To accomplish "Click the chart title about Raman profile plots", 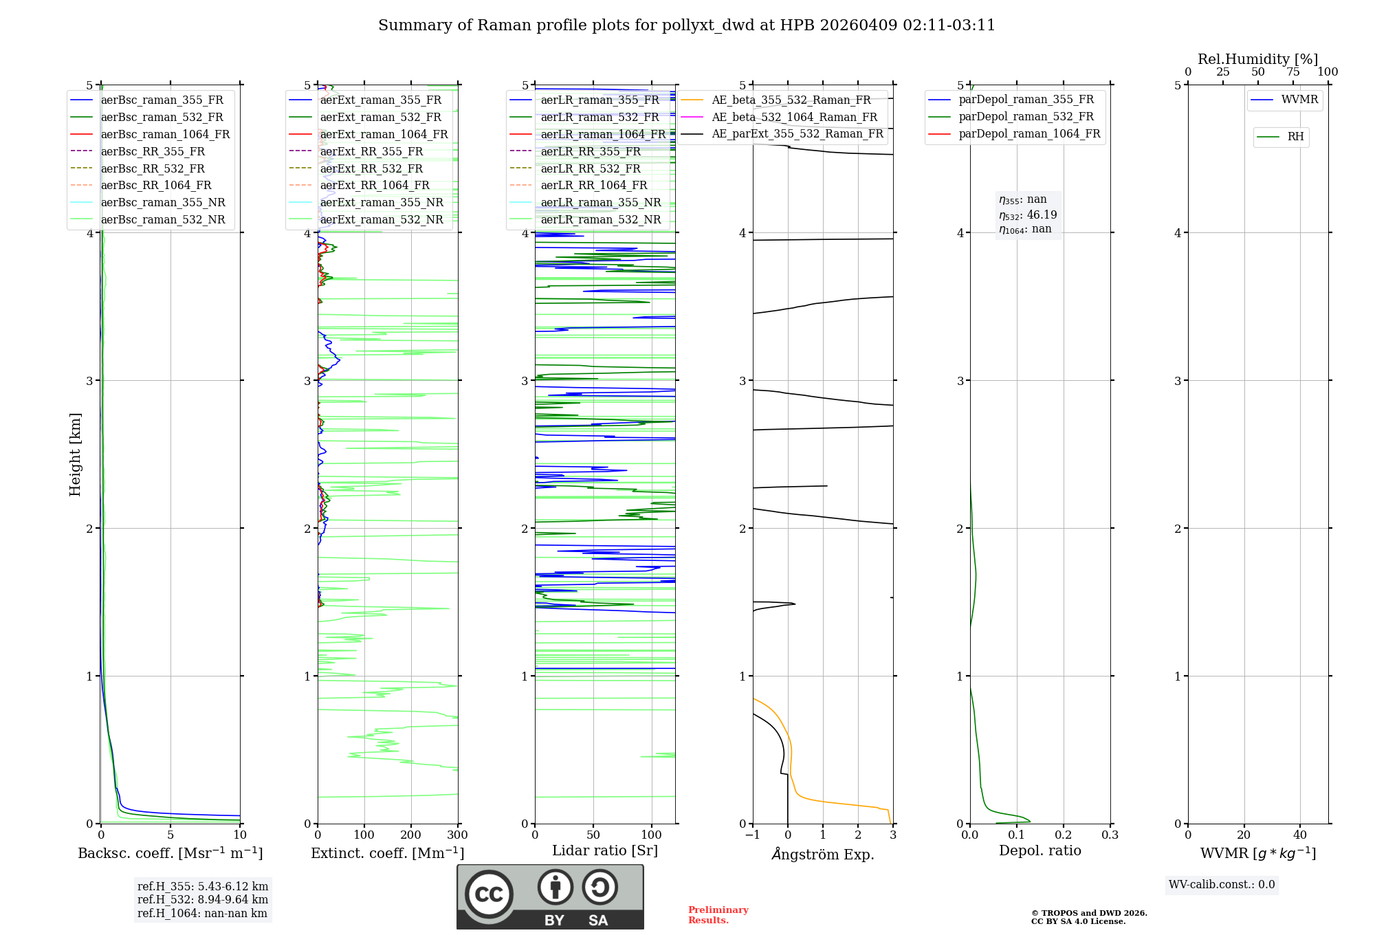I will click(686, 25).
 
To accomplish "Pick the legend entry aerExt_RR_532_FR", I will click(371, 168).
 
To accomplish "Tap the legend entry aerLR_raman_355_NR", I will click(600, 202).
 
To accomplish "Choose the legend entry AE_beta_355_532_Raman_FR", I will click(791, 100).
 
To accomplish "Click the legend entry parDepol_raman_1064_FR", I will click(1029, 133).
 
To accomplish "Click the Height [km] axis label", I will click(75, 454).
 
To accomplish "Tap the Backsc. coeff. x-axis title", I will click(170, 853).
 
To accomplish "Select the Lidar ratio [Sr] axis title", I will click(604, 850).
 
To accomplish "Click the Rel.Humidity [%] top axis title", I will click(1257, 59).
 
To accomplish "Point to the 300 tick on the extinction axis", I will click(457, 835).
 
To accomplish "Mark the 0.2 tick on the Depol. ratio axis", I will click(1064, 835).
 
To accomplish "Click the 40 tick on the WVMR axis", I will click(1299, 835).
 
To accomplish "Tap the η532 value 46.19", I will click(1042, 214).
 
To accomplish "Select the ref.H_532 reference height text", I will click(202, 899).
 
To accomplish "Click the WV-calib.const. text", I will click(1221, 885).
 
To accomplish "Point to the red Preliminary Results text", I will click(718, 915).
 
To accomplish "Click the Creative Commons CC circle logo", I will click(489, 894).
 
